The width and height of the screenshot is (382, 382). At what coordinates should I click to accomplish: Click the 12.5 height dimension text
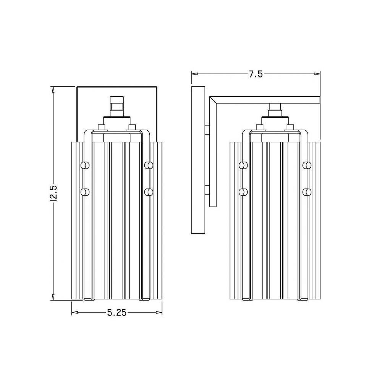[53, 193]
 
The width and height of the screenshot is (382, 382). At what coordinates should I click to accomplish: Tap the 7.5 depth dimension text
[256, 74]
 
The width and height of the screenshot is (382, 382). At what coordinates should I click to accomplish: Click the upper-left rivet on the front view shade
[84, 165]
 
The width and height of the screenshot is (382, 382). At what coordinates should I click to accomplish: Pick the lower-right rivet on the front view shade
[149, 191]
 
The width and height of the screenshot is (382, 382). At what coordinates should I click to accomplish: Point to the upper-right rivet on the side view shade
[307, 165]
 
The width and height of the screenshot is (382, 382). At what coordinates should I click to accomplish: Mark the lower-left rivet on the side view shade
[242, 191]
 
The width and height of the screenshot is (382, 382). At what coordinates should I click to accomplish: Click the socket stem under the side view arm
[274, 109]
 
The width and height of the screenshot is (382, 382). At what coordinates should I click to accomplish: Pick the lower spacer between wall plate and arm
[207, 190]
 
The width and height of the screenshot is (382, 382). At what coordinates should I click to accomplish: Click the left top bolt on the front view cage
[101, 127]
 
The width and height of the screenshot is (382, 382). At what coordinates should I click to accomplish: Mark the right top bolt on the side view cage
[290, 127]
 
